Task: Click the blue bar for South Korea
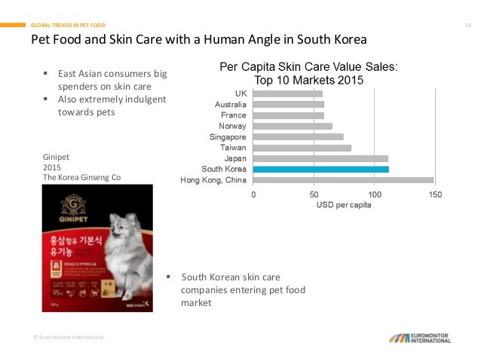coord(320,170)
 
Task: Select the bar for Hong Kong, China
coord(343,180)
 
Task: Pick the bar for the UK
coord(288,93)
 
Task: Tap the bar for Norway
coord(293,126)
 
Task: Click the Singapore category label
coord(228,137)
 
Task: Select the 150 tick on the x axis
coord(434,195)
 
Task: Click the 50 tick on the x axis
coord(314,195)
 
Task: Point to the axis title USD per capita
coord(344,206)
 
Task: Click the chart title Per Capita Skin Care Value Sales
coord(308,67)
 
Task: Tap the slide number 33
coord(467,25)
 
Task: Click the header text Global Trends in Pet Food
coord(69,25)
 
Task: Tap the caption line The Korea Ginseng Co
coord(81,177)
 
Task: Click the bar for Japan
coord(320,158)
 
